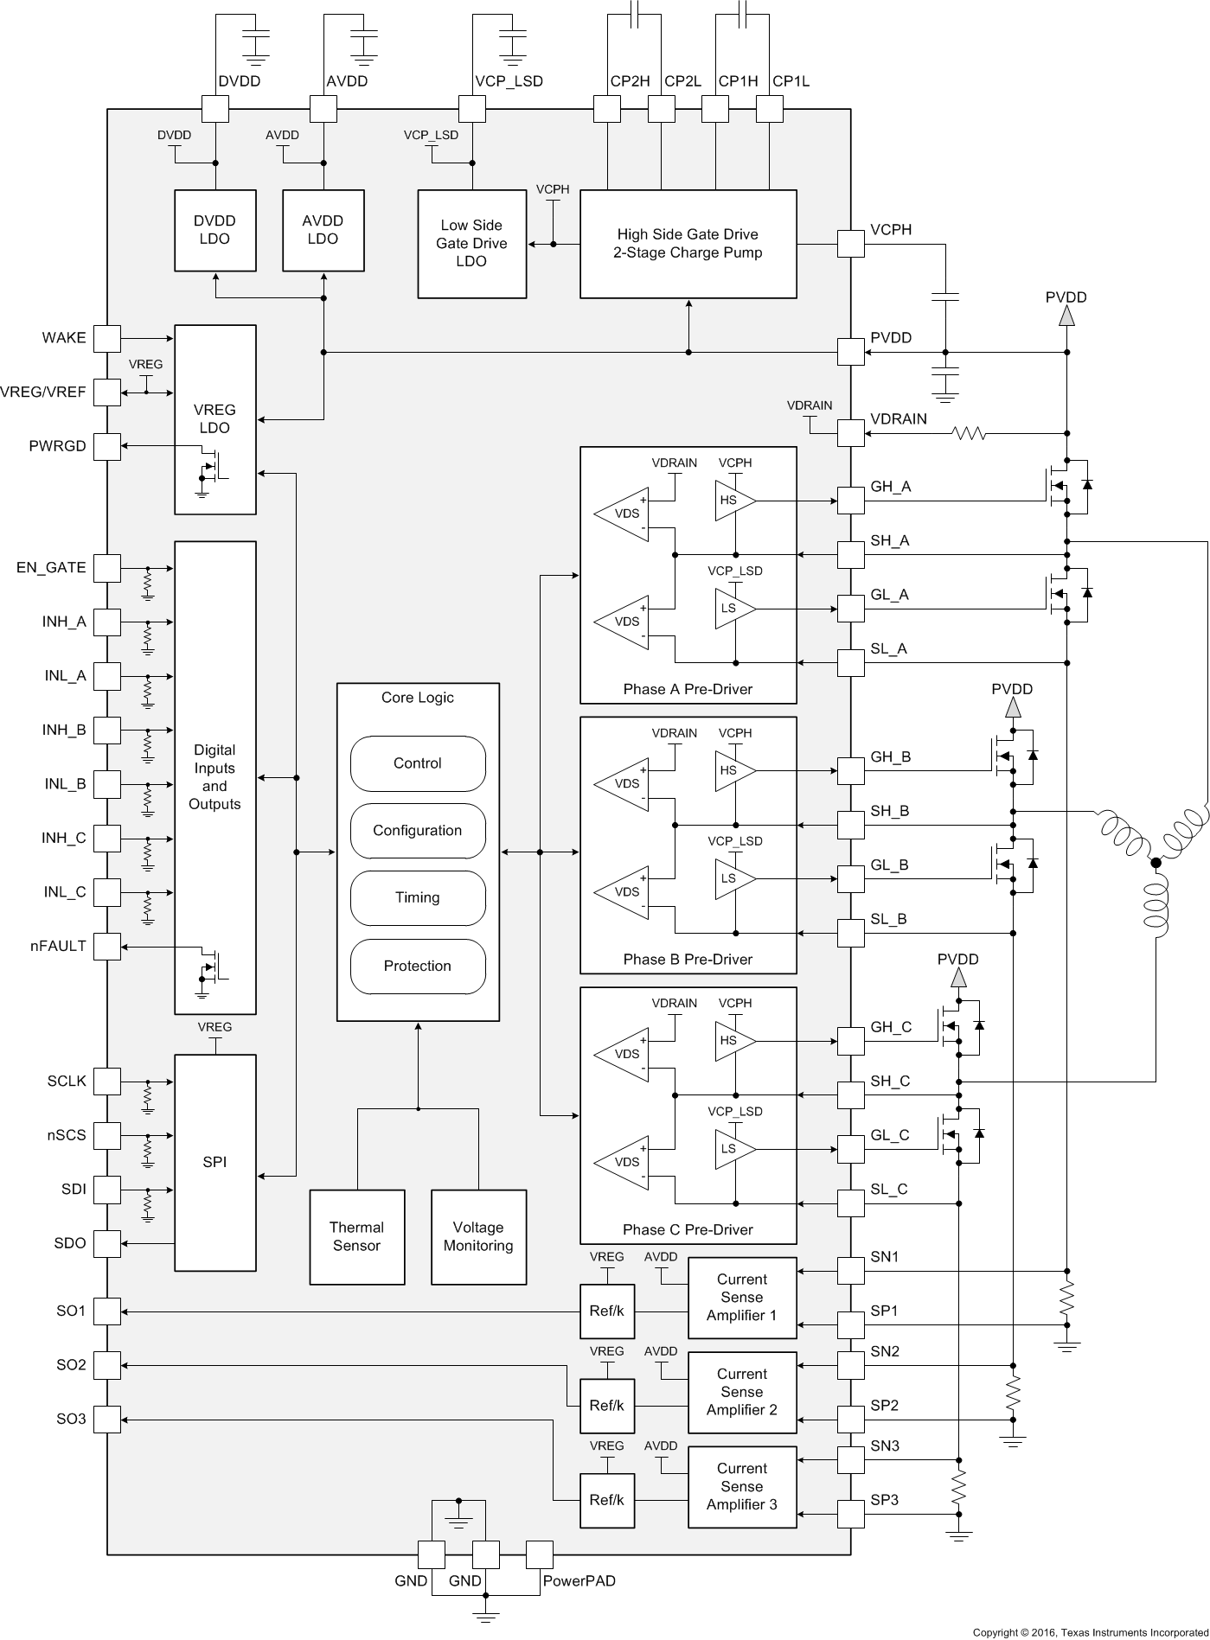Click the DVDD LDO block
click(x=214, y=230)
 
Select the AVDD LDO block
click(x=323, y=230)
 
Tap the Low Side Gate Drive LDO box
click(x=471, y=244)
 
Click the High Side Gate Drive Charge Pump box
click(x=688, y=244)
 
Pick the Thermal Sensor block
click(x=356, y=1237)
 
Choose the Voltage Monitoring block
click(x=478, y=1237)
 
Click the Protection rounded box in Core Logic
click(x=418, y=967)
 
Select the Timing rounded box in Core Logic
click(x=418, y=898)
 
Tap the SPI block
click(x=214, y=1163)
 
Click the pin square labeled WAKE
click(x=107, y=338)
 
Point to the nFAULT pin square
click(x=107, y=946)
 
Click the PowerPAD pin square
click(x=540, y=1554)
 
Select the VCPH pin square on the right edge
click(x=851, y=244)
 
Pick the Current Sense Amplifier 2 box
click(x=741, y=1392)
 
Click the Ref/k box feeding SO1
click(x=606, y=1311)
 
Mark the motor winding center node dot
click(x=1156, y=862)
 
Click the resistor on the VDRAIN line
click(x=969, y=433)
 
